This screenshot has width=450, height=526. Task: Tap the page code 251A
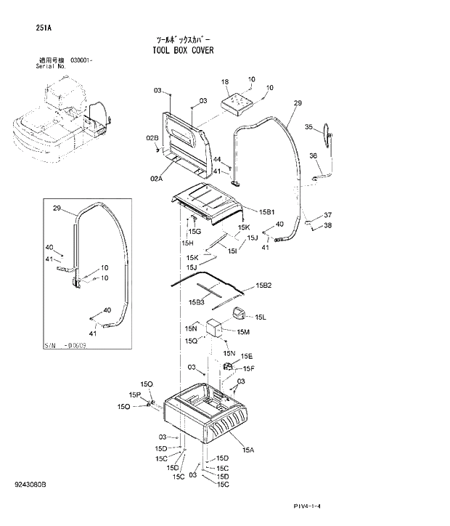tap(44, 28)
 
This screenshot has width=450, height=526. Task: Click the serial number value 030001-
tap(82, 60)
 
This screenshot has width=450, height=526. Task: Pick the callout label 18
tap(225, 82)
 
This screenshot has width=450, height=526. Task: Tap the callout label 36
tap(313, 155)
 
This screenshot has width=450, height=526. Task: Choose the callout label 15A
tap(248, 450)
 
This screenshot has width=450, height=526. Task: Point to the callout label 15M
tap(243, 332)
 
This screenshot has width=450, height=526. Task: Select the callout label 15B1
tap(267, 211)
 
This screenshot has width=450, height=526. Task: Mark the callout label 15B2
tap(263, 286)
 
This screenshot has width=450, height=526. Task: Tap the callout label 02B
tap(152, 137)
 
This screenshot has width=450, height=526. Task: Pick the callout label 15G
tap(195, 231)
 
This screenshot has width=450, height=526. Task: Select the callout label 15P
tap(134, 394)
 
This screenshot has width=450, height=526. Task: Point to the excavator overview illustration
tap(62, 116)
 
